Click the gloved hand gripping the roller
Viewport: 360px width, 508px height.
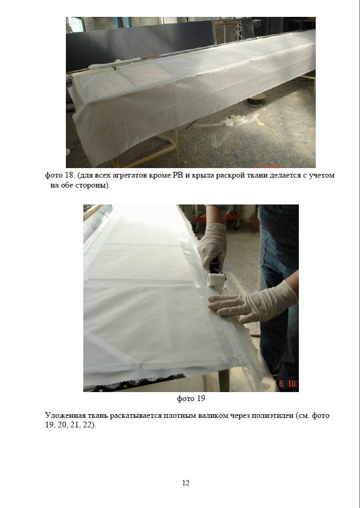(x=212, y=246)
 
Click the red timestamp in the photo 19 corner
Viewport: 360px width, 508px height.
(x=288, y=384)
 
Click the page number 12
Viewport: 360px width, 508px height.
(x=186, y=483)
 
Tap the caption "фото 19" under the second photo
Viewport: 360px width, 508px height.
(x=191, y=398)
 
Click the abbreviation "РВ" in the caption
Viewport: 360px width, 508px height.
(x=176, y=175)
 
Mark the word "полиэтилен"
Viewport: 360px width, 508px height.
(x=273, y=416)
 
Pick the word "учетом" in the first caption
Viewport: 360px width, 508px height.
(x=323, y=175)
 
